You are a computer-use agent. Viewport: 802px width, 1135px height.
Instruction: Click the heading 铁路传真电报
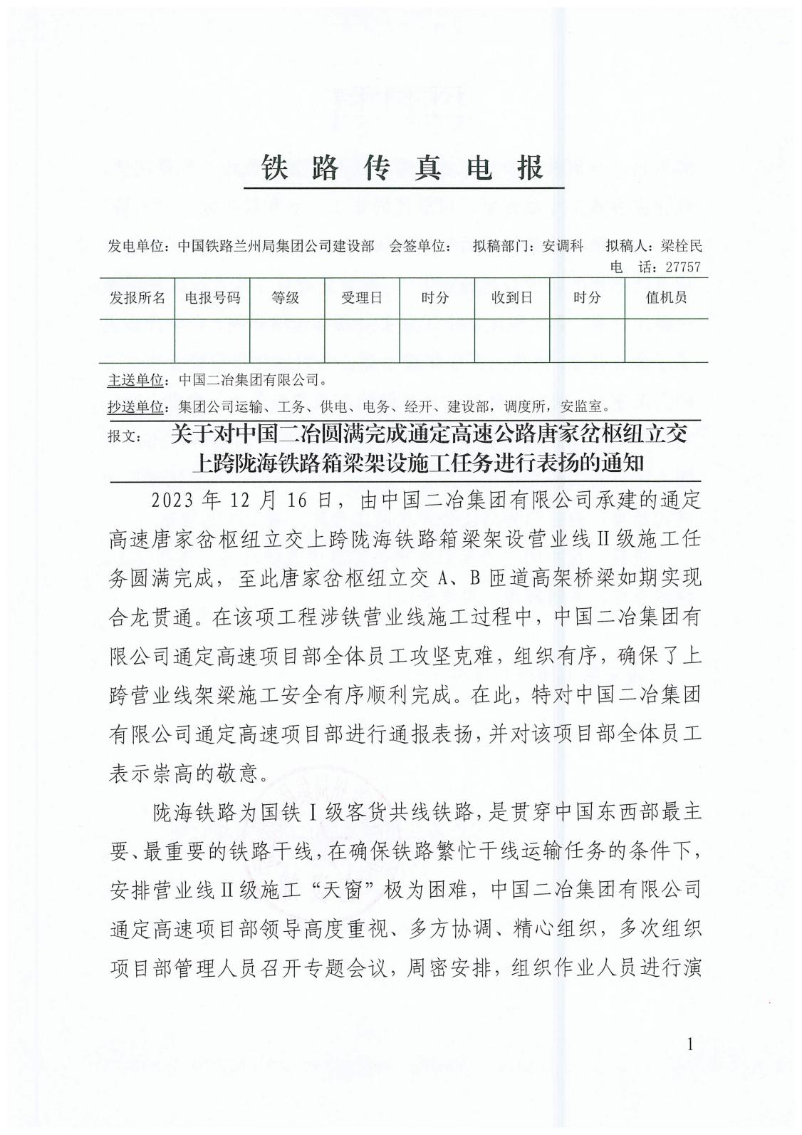403,169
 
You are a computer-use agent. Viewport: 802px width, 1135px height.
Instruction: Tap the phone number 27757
682,267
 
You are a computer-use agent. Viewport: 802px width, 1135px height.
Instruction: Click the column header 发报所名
137,297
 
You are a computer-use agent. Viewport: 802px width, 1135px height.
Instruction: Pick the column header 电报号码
212,297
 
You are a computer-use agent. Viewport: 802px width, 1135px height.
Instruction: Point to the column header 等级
286,298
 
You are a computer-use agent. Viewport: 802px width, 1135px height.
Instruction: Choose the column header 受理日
361,298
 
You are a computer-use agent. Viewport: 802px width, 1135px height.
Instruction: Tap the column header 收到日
511,298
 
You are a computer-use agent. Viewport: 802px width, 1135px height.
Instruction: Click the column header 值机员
666,298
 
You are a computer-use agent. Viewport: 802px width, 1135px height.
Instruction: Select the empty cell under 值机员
666,341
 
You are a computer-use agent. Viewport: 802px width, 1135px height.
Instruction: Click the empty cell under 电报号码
212,341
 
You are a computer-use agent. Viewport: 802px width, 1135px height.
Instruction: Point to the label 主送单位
136,379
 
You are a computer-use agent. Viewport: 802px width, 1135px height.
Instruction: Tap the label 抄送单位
136,407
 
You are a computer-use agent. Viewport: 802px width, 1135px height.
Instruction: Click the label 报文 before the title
125,434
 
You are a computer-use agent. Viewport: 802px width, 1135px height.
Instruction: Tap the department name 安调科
563,246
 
